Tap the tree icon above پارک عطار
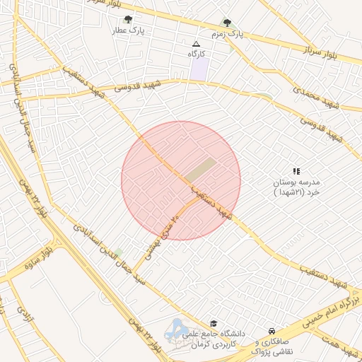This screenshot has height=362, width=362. point(127,20)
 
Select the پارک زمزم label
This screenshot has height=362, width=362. point(227,34)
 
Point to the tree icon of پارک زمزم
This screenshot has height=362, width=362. point(227,22)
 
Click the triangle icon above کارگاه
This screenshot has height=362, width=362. point(196,44)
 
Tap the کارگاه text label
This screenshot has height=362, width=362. point(196,54)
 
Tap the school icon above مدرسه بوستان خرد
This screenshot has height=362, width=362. point(296,171)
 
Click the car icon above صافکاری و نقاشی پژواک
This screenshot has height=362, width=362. point(271,331)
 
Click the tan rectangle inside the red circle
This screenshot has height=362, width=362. point(202,170)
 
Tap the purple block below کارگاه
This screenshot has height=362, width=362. point(200,69)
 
